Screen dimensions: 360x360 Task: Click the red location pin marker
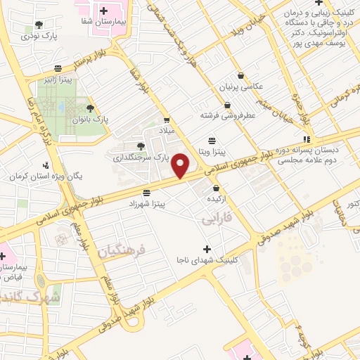pyautogui.click(x=181, y=166)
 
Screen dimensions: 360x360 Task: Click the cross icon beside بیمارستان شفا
pyautogui.click(x=103, y=11)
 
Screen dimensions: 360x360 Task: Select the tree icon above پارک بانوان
pyautogui.click(x=90, y=108)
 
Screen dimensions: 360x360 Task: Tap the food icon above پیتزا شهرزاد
pyautogui.click(x=146, y=192)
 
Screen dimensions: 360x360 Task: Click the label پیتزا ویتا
pyautogui.click(x=211, y=151)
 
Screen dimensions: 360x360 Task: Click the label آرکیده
pyautogui.click(x=215, y=200)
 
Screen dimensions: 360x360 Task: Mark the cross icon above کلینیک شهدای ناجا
pyautogui.click(x=206, y=249)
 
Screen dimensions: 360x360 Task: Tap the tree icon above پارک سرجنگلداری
pyautogui.click(x=142, y=145)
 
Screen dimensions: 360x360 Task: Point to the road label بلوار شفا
pyautogui.click(x=139, y=79)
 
